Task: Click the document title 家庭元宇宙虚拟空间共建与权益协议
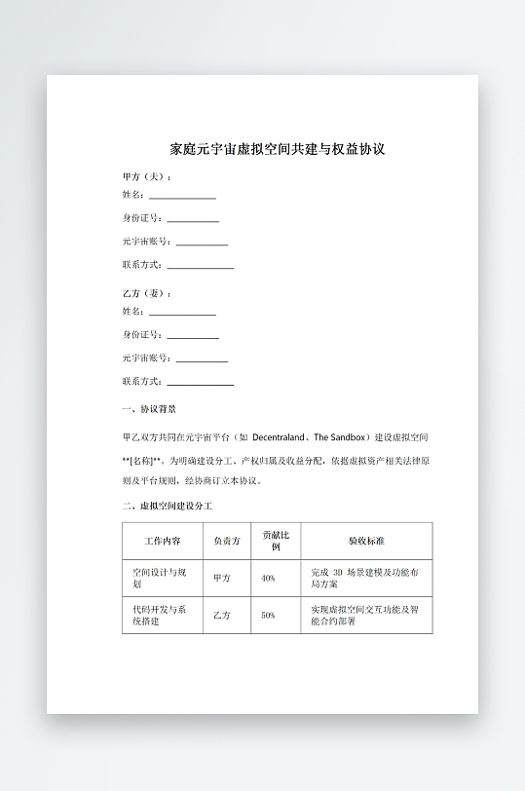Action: [x=278, y=149]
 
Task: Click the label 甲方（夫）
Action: [x=146, y=177]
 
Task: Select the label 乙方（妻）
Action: [x=146, y=293]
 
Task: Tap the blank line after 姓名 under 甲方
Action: [x=182, y=198]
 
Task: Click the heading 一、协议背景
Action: [x=149, y=409]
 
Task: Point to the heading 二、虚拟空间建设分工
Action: [x=167, y=507]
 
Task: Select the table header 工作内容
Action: [x=162, y=541]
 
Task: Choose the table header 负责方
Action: [x=226, y=541]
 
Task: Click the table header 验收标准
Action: [x=365, y=541]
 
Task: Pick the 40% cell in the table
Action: [x=268, y=578]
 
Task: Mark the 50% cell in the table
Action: [x=268, y=616]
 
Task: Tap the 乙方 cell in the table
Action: [x=222, y=616]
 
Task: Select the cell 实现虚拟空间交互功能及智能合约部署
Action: [x=364, y=616]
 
